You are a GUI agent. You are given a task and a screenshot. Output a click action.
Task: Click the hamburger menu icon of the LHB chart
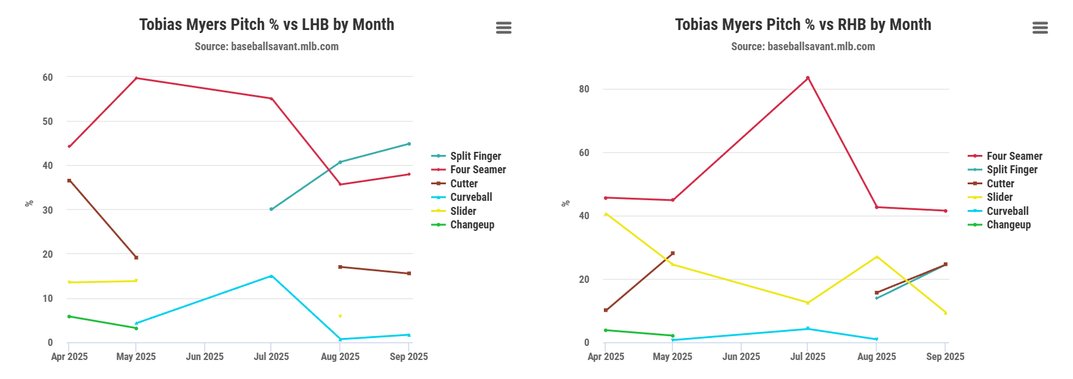[x=503, y=28]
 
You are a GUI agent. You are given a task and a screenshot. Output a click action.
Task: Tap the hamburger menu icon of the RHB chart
[x=1040, y=28]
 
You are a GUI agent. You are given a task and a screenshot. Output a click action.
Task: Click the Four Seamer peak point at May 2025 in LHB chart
[x=136, y=78]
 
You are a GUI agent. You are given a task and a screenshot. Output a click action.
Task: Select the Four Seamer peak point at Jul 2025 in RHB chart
[x=808, y=78]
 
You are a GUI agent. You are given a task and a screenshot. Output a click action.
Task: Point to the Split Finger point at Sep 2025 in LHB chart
[x=409, y=144]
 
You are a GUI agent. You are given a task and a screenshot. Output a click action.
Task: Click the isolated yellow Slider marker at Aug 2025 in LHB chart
[x=340, y=316]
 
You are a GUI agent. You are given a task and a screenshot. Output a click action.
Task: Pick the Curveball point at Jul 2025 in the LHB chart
[x=271, y=276]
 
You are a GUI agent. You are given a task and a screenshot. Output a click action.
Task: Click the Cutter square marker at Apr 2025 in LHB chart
[x=69, y=181]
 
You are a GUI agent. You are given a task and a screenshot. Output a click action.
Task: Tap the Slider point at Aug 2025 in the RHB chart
[x=876, y=257]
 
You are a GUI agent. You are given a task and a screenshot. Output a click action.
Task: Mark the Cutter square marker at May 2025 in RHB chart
[x=672, y=253]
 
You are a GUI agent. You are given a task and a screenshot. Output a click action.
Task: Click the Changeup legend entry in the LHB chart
[x=472, y=225]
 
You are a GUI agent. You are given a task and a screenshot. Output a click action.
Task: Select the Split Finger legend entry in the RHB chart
[x=1012, y=170]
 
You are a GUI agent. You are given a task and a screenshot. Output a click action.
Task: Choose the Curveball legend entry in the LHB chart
[x=471, y=197]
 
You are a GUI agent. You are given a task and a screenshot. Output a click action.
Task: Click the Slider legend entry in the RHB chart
[x=1000, y=197]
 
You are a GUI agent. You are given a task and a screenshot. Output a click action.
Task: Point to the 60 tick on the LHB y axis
[x=48, y=77]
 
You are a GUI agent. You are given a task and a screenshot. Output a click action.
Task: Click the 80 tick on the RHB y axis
[x=584, y=89]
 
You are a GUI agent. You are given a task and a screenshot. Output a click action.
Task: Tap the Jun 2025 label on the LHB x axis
[x=205, y=356]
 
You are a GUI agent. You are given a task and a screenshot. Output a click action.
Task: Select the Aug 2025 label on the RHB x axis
[x=876, y=356]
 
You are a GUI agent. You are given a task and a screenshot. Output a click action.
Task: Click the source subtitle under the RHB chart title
[x=803, y=47]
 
